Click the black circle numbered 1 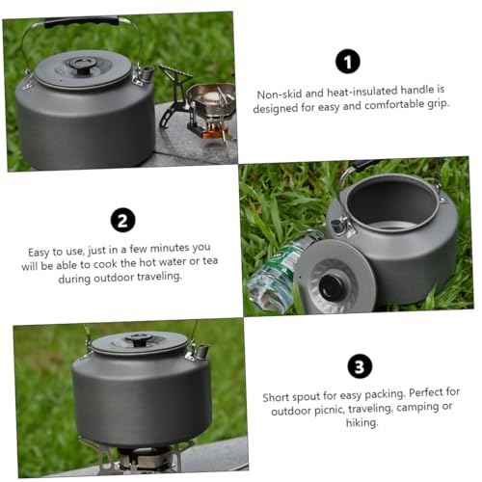[347, 62]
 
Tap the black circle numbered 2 [121, 220]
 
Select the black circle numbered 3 [357, 366]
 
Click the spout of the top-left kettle [146, 73]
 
